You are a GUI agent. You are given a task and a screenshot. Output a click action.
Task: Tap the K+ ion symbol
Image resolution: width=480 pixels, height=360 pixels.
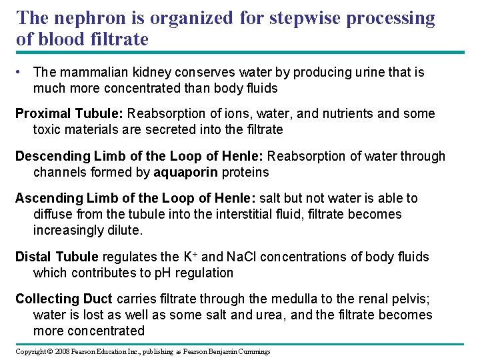(189, 256)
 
